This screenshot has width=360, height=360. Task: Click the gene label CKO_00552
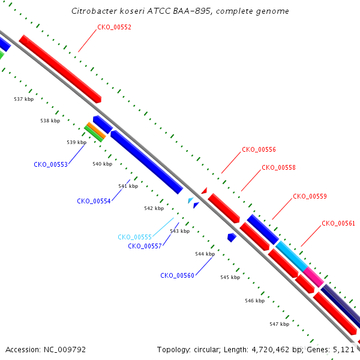pyautogui.click(x=115, y=27)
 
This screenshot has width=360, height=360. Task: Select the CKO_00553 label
pyautogui.click(x=51, y=164)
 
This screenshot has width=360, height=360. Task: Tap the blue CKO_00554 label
pyautogui.click(x=94, y=201)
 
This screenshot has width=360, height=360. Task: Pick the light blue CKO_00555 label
pyautogui.click(x=135, y=237)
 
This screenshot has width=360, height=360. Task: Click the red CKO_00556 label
pyautogui.click(x=259, y=149)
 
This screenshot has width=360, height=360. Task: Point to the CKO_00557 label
pyautogui.click(x=145, y=246)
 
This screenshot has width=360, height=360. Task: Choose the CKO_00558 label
pyautogui.click(x=278, y=167)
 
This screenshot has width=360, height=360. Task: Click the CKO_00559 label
pyautogui.click(x=310, y=196)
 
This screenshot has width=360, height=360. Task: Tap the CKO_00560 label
pyautogui.click(x=177, y=275)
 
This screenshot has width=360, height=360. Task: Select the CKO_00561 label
pyautogui.click(x=338, y=223)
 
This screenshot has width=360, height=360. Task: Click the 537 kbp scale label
pyautogui.click(x=23, y=99)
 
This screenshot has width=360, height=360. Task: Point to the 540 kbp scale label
pyautogui.click(x=103, y=164)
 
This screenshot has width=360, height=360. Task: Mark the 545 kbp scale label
pyautogui.click(x=230, y=277)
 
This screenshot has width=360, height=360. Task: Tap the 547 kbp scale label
pyautogui.click(x=279, y=324)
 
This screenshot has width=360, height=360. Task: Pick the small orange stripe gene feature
pyautogui.click(x=97, y=130)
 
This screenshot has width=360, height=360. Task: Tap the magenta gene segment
pyautogui.click(x=313, y=277)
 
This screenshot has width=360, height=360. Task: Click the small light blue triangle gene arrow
pyautogui.click(x=190, y=200)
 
